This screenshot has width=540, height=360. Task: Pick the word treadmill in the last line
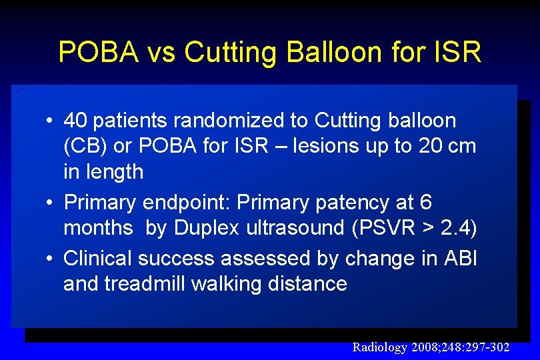pos(145,283)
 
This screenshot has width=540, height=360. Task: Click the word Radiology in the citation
pos(378,347)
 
